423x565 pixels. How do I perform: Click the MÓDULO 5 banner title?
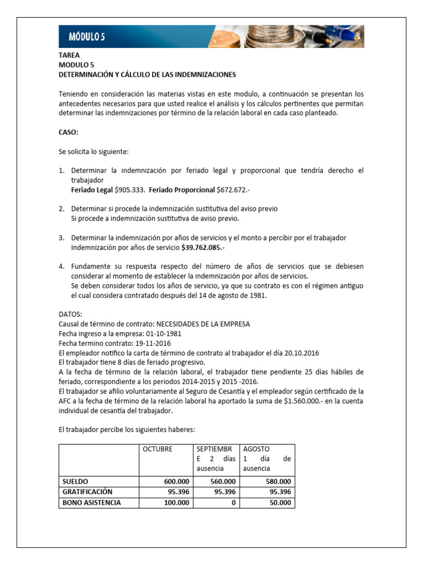tap(86, 37)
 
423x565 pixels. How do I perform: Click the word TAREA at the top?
tap(69, 55)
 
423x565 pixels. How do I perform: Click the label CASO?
tap(69, 132)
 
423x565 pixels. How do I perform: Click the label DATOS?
tap(70, 314)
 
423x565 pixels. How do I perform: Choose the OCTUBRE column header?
tap(158, 449)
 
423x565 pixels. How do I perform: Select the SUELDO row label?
tap(75, 482)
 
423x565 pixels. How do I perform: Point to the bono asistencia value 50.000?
tap(279, 503)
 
